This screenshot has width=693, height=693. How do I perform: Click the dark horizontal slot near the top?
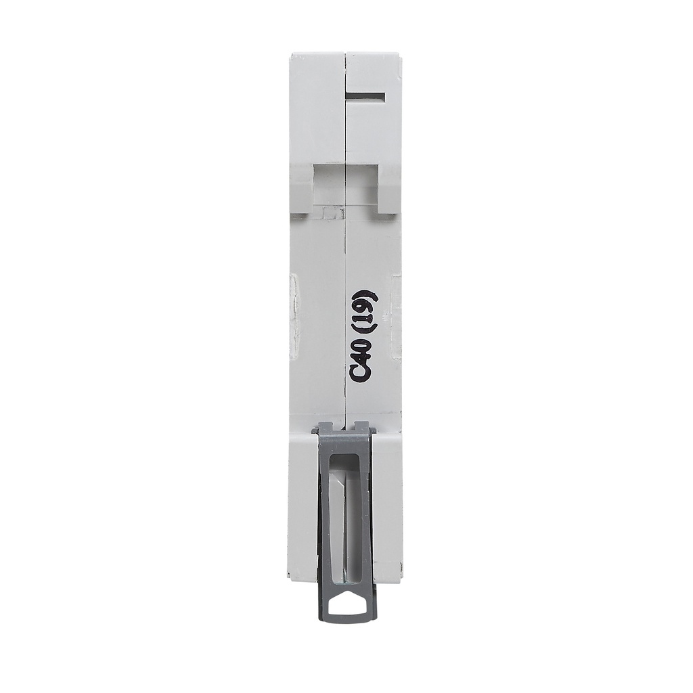pos(366,97)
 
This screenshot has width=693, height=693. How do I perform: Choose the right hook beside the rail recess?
pos(389,189)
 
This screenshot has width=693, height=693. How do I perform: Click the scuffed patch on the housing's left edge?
pos(293,315)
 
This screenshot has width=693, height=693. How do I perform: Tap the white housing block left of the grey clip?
pos(303,508)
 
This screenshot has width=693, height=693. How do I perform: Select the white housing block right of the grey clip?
pos(388,508)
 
